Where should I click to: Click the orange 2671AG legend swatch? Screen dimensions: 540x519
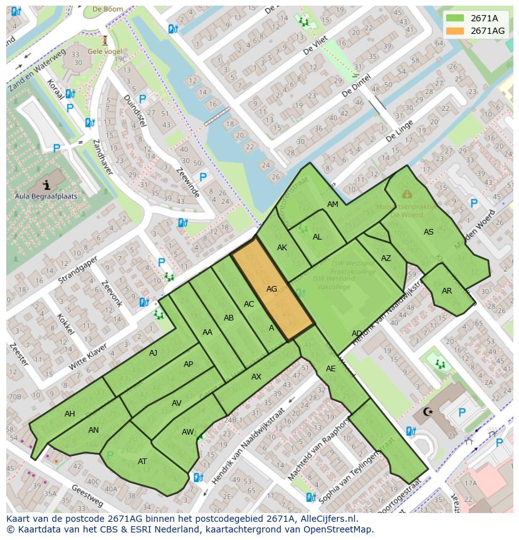point(456,31)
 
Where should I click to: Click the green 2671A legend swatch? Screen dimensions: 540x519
point(456,18)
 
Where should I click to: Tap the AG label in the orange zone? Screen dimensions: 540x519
point(271,289)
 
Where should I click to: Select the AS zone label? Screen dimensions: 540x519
point(428,232)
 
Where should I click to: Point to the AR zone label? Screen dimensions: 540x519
point(446,291)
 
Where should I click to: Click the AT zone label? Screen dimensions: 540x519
point(142,462)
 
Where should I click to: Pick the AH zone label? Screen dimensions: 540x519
point(70,414)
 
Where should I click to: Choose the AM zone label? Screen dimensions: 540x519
point(332,204)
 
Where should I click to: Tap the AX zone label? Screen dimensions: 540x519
point(256,377)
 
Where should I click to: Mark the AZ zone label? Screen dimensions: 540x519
point(385,258)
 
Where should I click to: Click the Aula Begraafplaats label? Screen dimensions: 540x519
point(46,196)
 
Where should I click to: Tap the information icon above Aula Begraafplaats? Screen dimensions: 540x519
point(46,184)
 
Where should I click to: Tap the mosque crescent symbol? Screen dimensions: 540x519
point(429,412)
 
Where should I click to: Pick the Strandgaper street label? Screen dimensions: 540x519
point(78,268)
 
